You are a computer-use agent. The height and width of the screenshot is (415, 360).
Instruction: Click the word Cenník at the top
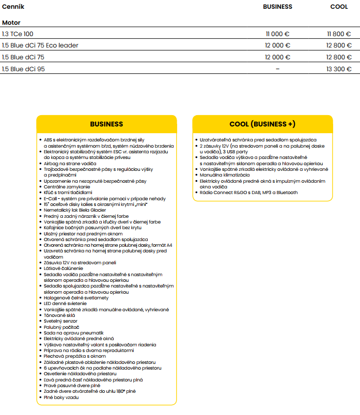pyautogui.click(x=13, y=7)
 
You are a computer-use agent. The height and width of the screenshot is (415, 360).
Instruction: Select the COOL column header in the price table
pyautogui.click(x=339, y=7)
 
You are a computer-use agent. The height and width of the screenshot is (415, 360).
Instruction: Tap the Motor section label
pyautogui.click(x=11, y=23)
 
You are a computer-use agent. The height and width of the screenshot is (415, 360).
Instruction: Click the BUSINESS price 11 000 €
pyautogui.click(x=277, y=34)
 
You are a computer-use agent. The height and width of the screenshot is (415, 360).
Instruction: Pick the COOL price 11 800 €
pyautogui.click(x=339, y=34)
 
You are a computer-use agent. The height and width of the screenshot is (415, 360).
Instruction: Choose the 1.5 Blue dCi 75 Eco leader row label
pyautogui.click(x=40, y=45)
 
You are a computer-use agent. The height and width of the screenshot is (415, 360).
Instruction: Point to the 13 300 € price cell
pyautogui.click(x=339, y=69)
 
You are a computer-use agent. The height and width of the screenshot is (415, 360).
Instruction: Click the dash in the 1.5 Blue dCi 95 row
pyautogui.click(x=278, y=69)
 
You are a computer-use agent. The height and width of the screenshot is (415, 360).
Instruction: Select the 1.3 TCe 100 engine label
pyautogui.click(x=18, y=34)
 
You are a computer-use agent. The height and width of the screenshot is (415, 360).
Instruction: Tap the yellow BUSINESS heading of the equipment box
pyautogui.click(x=106, y=124)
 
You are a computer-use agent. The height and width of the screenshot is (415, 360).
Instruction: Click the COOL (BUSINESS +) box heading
pyautogui.click(x=262, y=124)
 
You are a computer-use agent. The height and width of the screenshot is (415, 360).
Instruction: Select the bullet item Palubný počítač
pyautogui.click(x=61, y=327)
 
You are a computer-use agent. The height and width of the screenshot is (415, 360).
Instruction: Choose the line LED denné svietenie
pyautogui.click(x=66, y=304)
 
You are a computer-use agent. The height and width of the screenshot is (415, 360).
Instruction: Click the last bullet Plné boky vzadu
pyautogui.click(x=61, y=397)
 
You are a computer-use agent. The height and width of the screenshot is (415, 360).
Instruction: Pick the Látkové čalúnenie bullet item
pyautogui.click(x=64, y=268)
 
